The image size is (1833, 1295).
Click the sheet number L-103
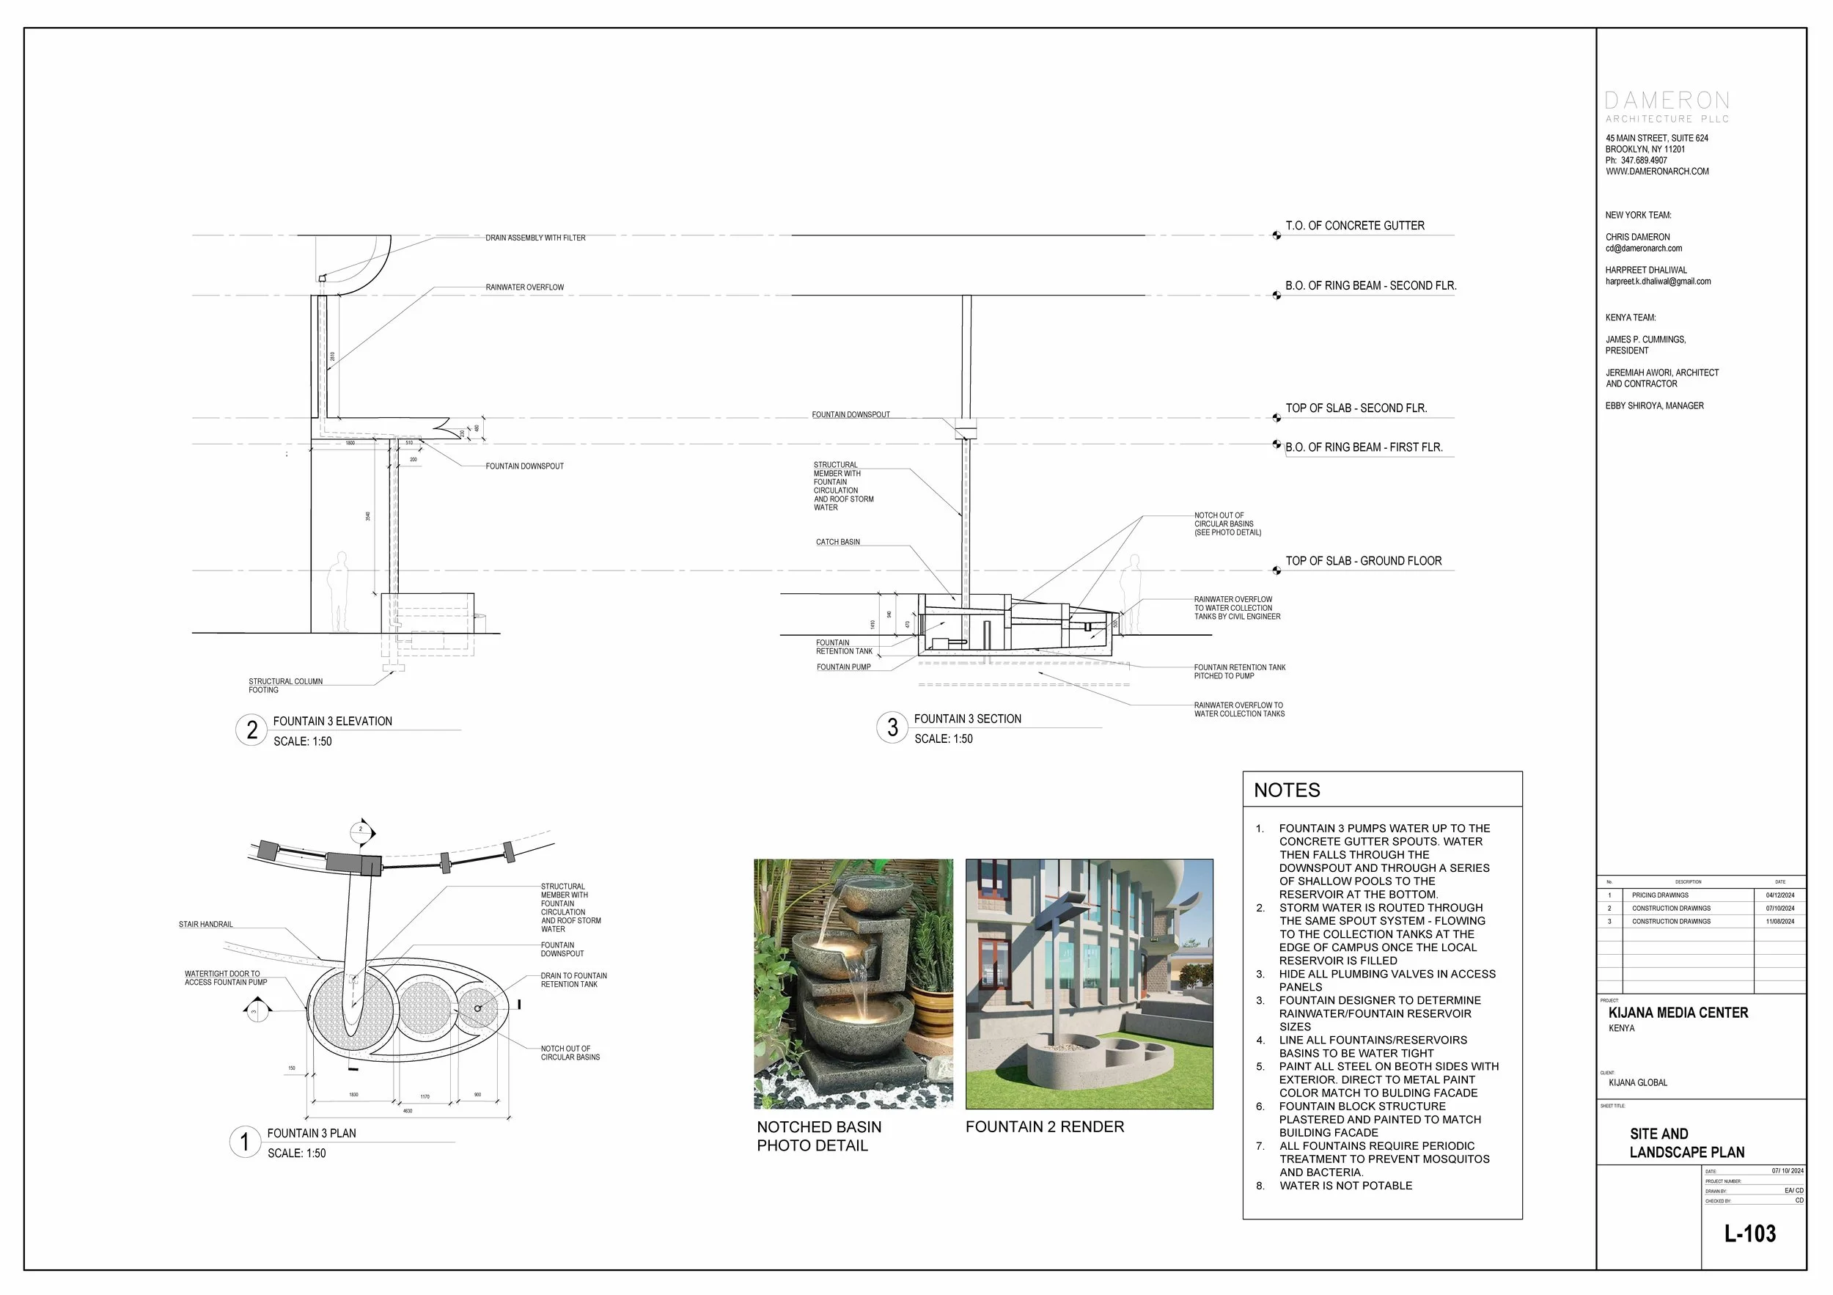tap(1750, 1233)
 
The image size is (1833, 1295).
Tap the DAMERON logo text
tap(1667, 100)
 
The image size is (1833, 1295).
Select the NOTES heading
tap(1286, 790)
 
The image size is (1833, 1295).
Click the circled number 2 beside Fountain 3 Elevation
tap(251, 730)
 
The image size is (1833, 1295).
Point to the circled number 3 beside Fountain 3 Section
tap(892, 727)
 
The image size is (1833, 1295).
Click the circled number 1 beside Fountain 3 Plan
tap(245, 1142)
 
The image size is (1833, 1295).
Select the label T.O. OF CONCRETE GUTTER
tap(1354, 226)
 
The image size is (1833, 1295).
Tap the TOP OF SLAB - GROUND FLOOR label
tap(1363, 561)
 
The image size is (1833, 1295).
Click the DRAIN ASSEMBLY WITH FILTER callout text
tap(535, 238)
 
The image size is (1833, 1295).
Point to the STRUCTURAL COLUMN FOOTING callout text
tap(285, 686)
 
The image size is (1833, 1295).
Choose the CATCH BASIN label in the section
tap(837, 542)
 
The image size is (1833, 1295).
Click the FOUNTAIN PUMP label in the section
tap(843, 667)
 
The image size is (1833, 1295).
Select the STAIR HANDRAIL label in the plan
tap(205, 925)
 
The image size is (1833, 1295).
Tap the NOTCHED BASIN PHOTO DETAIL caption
tap(818, 1136)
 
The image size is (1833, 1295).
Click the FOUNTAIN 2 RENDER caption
tap(1044, 1126)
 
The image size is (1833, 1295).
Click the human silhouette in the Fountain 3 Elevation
tap(341, 591)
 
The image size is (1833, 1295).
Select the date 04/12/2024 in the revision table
tap(1779, 895)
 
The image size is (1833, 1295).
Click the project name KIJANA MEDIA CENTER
tap(1678, 1013)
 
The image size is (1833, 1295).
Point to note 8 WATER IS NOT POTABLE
tap(1345, 1186)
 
